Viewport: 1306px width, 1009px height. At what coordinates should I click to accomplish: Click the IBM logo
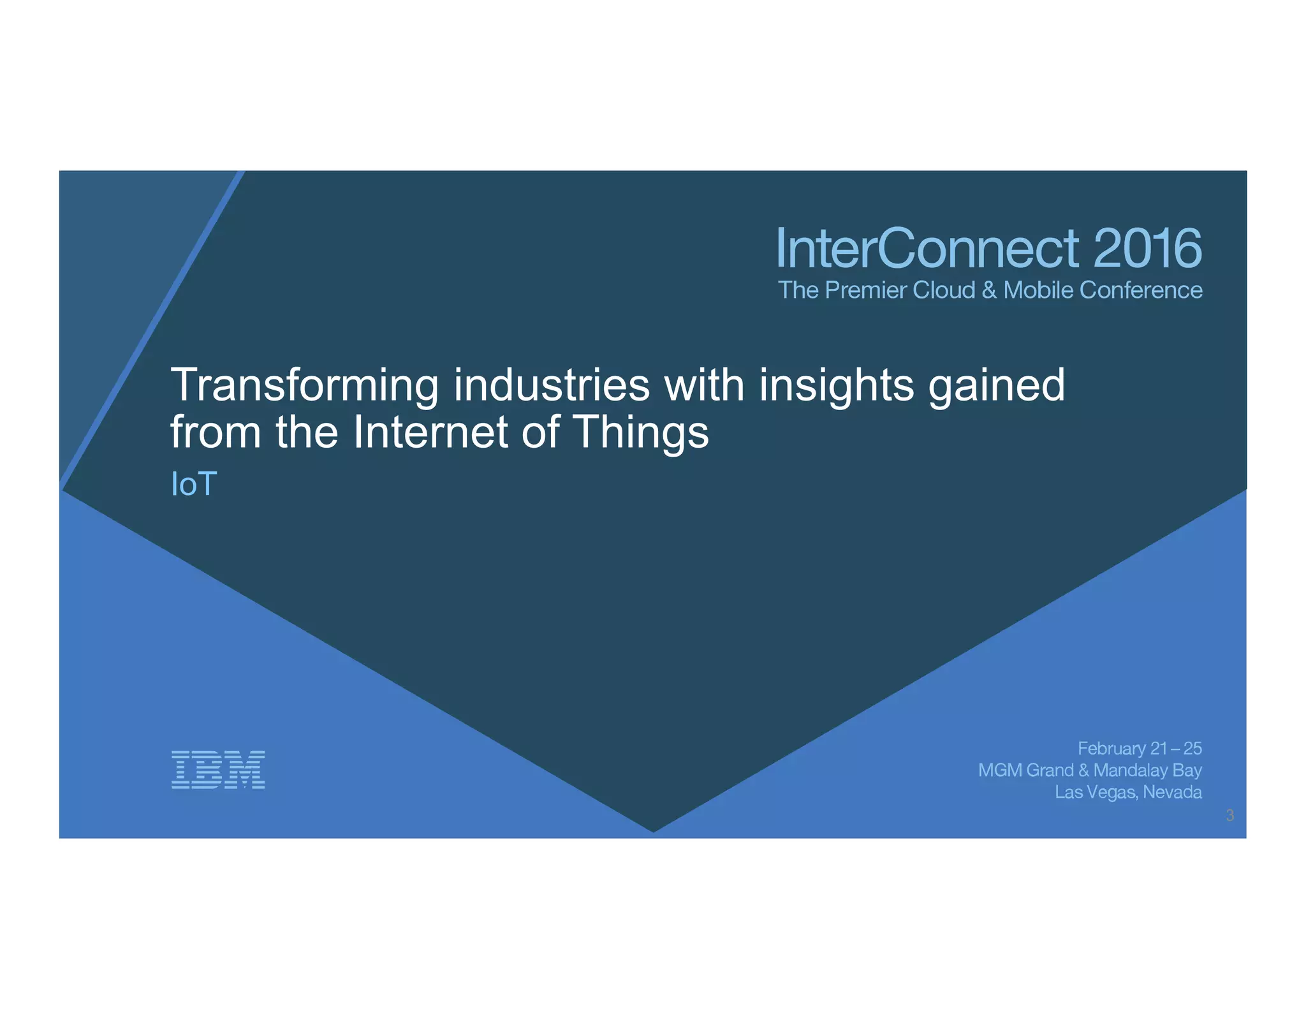[218, 770]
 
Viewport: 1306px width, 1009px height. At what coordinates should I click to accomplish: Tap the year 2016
[1147, 249]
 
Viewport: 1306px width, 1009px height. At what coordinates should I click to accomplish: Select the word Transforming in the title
[305, 387]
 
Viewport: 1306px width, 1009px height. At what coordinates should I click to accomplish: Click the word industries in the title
[552, 385]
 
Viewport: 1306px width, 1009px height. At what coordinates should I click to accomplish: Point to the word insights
[837, 387]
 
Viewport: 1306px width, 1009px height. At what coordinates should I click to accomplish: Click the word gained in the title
[997, 387]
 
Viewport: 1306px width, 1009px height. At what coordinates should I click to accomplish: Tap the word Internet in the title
[430, 432]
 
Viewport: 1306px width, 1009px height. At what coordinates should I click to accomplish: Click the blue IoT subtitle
[194, 484]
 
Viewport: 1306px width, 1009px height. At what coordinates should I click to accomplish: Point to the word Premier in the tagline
[866, 290]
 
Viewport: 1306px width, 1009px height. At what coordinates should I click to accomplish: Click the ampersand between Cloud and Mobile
[989, 290]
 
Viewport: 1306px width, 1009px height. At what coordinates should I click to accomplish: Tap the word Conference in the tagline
[1141, 290]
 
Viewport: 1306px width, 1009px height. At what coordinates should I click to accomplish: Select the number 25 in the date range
[1192, 748]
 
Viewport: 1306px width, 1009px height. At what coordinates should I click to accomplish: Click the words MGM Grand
[1025, 770]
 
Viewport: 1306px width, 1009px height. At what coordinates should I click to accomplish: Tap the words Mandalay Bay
[1147, 770]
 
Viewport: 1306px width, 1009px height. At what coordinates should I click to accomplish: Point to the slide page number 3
[1230, 815]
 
